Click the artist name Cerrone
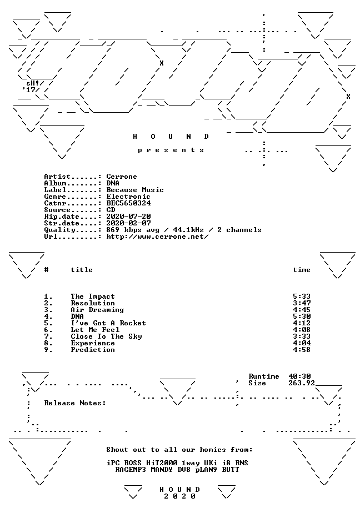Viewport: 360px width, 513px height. coord(122,177)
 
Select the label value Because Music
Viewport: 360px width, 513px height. coord(135,190)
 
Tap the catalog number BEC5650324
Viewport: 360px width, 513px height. coord(129,203)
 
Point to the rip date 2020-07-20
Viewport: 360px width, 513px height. coord(129,217)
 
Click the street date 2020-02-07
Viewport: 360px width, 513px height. coord(129,223)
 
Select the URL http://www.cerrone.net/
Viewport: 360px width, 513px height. coord(157,237)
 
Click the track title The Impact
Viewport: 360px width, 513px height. coord(93,296)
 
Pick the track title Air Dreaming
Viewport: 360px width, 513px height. coord(97,310)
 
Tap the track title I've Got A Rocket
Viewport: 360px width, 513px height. coord(108,323)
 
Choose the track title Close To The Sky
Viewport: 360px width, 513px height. coord(106,336)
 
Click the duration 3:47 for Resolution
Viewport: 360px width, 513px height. coord(302,303)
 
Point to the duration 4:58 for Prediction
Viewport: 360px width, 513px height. coord(302,350)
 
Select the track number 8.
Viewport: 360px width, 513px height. coord(48,343)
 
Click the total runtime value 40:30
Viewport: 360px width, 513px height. coord(300,376)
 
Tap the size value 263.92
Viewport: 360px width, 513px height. coord(302,383)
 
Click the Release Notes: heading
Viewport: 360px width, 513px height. coord(75,403)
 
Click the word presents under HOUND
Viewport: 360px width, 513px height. coord(171,150)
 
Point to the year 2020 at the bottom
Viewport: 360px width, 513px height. coord(179,496)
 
